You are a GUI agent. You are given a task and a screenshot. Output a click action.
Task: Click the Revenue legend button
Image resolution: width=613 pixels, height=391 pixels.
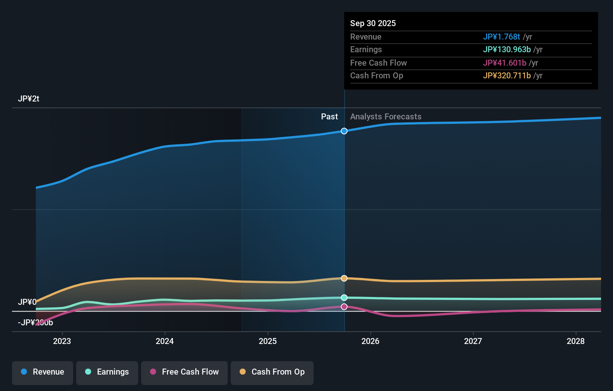[x=43, y=372]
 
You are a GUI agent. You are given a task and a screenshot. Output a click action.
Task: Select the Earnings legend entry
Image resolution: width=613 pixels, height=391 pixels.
[x=107, y=372]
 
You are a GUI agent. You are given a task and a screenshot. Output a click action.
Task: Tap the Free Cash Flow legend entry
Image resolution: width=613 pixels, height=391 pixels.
[x=184, y=372]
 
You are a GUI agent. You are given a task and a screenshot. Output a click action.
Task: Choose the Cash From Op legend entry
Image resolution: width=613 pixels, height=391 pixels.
[x=272, y=372]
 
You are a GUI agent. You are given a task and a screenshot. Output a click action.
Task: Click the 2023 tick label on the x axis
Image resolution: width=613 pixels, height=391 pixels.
[x=62, y=341]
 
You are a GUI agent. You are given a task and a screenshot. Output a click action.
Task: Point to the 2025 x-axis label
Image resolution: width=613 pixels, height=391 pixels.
[x=268, y=341]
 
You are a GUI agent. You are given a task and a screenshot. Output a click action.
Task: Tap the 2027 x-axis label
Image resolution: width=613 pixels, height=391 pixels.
[x=473, y=341]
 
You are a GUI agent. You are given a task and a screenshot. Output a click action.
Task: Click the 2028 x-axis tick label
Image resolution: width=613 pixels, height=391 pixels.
[x=576, y=341]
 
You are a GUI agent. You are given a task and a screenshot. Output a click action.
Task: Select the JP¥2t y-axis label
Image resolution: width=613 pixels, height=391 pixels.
[x=28, y=99]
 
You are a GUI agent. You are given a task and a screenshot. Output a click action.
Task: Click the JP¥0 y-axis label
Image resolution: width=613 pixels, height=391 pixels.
[x=27, y=302]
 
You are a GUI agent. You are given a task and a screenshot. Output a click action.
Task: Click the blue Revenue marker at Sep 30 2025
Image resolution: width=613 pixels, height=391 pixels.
[x=344, y=131]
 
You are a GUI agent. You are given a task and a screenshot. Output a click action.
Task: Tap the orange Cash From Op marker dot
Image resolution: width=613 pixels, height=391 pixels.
[x=344, y=278]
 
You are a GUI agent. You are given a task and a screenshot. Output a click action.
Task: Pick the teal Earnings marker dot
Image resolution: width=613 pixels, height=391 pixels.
[x=344, y=297]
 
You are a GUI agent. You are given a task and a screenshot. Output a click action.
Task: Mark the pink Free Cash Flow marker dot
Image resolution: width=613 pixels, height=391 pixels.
[x=344, y=307]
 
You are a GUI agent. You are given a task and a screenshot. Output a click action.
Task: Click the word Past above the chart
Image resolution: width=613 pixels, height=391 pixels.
[x=329, y=117]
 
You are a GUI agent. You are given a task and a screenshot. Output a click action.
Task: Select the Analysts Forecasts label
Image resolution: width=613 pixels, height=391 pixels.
[x=386, y=117]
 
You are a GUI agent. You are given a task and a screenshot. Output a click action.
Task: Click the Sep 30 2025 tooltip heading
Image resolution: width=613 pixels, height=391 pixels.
[x=373, y=23]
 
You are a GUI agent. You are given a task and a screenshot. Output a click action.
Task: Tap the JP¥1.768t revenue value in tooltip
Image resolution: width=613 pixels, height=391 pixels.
[x=501, y=37]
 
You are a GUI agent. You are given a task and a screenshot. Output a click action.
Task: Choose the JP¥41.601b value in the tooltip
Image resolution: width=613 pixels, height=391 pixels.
[x=504, y=63]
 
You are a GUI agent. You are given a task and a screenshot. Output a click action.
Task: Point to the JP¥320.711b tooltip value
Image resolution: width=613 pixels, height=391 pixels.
[x=507, y=76]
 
